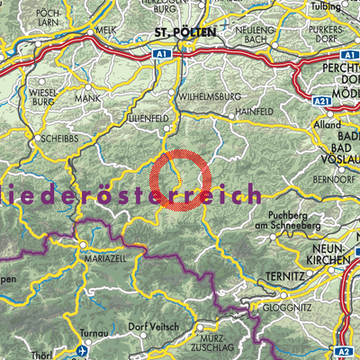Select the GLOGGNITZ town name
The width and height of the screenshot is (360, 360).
coord(292,306)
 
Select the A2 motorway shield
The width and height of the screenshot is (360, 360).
coord(346,352)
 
